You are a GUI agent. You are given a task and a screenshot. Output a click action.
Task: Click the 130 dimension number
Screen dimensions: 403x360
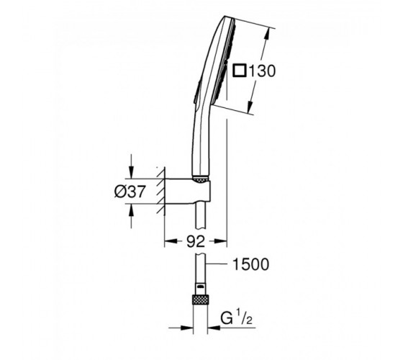262,71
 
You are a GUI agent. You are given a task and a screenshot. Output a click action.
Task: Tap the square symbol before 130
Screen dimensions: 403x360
240,71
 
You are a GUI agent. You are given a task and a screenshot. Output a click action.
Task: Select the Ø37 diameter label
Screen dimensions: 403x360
130,192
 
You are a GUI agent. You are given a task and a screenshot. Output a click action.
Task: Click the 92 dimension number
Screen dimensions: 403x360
196,241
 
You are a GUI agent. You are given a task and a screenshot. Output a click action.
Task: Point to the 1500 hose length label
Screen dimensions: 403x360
250,264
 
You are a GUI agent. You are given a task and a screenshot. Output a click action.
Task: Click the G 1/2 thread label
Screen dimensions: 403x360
236,318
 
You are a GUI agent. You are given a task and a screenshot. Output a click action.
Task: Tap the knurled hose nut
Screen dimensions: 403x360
201,300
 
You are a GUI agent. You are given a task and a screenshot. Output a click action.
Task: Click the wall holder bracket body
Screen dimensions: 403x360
188,191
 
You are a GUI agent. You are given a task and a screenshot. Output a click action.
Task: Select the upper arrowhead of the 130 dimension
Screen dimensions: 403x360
267,33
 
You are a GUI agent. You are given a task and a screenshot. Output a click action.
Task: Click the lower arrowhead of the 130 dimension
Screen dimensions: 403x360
250,107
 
